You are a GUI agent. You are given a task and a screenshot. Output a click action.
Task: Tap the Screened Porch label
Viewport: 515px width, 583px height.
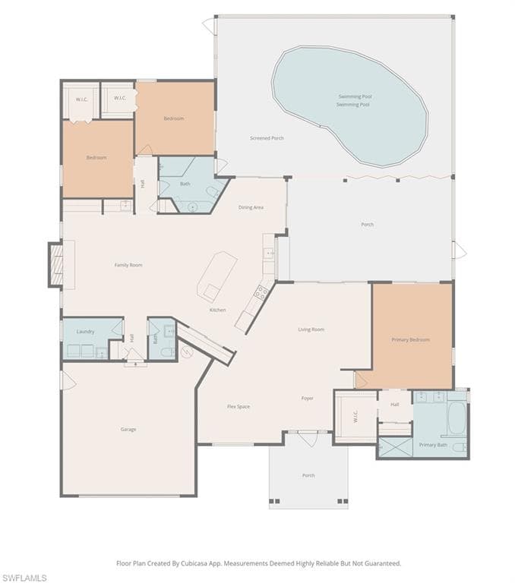[x=267, y=138]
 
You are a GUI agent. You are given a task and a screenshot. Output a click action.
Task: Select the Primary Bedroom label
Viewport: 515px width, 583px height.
[x=410, y=339]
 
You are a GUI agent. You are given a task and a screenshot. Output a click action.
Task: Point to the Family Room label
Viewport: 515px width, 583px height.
[x=128, y=265]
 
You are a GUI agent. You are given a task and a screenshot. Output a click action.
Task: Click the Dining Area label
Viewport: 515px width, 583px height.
[x=251, y=207]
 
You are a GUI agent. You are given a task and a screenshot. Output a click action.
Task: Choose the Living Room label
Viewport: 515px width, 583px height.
[x=311, y=329]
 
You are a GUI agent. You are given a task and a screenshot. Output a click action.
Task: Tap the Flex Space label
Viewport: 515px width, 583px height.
[x=239, y=407]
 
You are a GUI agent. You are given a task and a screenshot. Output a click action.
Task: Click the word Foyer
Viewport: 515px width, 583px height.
[x=308, y=398]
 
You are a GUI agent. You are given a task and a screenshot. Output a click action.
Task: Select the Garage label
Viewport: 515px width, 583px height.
[x=128, y=430]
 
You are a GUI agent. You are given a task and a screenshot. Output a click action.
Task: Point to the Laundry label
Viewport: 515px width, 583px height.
[x=86, y=332]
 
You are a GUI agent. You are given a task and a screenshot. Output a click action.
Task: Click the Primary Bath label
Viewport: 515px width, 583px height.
[x=433, y=445]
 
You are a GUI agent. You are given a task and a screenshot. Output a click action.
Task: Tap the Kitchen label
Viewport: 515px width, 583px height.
[x=218, y=310]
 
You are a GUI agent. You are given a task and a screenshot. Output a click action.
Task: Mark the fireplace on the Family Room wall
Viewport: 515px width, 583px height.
[x=55, y=265]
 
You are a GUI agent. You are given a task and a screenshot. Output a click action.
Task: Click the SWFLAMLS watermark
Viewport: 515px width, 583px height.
[x=25, y=578]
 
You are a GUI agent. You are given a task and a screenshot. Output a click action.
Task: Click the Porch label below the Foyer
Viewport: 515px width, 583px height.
[x=308, y=475]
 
